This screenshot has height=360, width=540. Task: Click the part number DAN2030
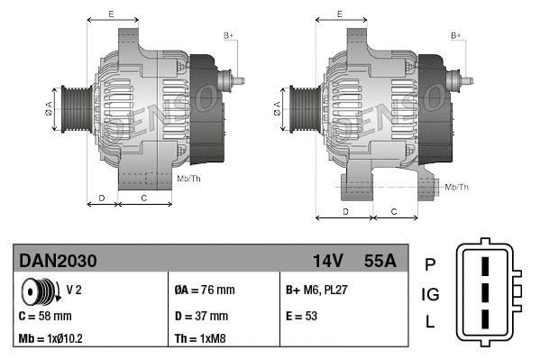(58, 261)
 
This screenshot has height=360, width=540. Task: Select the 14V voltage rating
(327, 261)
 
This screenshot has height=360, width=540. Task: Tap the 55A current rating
(380, 261)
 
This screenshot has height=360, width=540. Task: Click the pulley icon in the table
(39, 291)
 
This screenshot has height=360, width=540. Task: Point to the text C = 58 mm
(45, 316)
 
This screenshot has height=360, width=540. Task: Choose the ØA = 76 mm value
(204, 291)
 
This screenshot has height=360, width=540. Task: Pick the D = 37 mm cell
(201, 316)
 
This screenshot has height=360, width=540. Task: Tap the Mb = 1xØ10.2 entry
(52, 340)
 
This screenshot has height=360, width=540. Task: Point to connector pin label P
(430, 264)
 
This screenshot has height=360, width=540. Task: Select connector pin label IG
(430, 294)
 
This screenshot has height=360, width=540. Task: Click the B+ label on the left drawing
(228, 35)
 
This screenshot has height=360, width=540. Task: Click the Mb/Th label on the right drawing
(457, 187)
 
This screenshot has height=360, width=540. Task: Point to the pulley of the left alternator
(72, 109)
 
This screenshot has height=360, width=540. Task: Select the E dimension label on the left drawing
(110, 14)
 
